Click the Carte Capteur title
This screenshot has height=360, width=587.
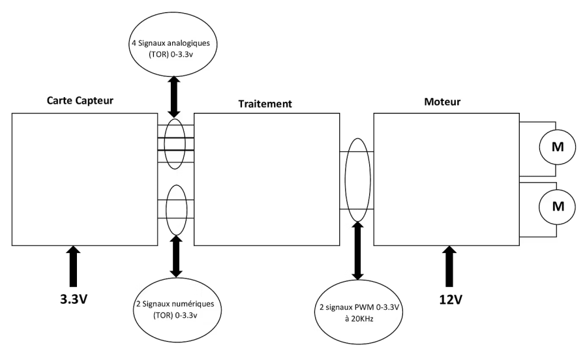click(x=80, y=100)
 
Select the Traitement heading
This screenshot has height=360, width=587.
click(x=265, y=104)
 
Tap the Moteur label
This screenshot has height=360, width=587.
click(x=442, y=102)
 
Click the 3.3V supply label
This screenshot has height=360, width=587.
click(x=74, y=299)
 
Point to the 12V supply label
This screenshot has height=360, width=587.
click(x=451, y=299)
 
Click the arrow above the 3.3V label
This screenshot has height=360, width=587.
click(x=73, y=267)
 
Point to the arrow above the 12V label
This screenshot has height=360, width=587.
click(x=449, y=267)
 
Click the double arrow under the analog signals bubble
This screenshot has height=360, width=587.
click(x=174, y=97)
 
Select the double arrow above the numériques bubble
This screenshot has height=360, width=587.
click(x=176, y=256)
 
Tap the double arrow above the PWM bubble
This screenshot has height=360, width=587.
click(x=358, y=250)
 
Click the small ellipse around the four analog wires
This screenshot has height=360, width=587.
click(x=164, y=143)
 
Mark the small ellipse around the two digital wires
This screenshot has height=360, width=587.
click(x=166, y=210)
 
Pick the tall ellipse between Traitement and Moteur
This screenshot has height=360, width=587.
click(x=345, y=180)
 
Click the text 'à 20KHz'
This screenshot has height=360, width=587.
click(x=359, y=319)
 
